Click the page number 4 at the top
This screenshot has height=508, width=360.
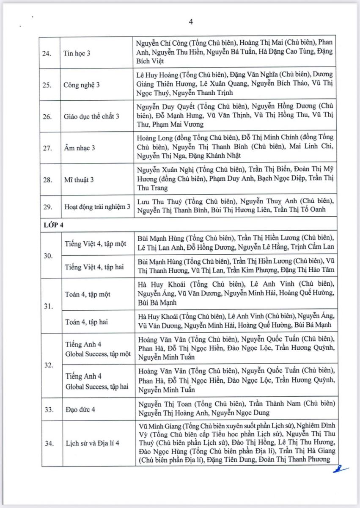click(191, 22)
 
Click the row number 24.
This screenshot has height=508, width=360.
click(50, 52)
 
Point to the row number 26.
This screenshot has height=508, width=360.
click(50, 116)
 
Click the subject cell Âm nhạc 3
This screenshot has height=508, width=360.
click(79, 148)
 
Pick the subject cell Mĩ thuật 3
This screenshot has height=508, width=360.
click(79, 179)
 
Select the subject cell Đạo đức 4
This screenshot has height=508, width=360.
click(80, 409)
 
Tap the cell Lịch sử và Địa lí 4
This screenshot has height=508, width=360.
click(92, 443)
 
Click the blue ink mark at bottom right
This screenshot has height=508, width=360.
click(340, 469)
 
